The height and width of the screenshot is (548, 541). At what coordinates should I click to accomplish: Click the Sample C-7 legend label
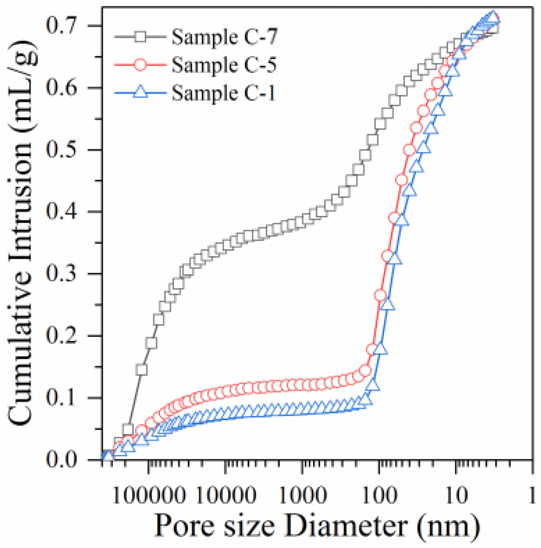[x=224, y=37]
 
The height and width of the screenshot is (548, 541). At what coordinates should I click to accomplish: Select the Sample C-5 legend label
[x=224, y=65]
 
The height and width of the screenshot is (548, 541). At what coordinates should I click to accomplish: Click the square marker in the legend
[x=140, y=37]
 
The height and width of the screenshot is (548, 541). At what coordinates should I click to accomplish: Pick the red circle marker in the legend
[x=140, y=65]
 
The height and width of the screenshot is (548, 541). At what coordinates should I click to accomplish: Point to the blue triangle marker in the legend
[x=140, y=92]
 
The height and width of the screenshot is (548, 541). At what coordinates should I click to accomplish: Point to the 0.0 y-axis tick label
[x=61, y=459]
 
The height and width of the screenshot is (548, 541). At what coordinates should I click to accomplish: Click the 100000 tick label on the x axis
[x=149, y=496]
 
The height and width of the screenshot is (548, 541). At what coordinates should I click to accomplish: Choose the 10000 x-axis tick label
[x=226, y=496]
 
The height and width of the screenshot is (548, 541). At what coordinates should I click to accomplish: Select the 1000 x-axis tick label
[x=302, y=496]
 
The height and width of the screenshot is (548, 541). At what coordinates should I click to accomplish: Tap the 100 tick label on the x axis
[x=379, y=496]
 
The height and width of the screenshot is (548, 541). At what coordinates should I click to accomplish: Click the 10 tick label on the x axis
[x=456, y=496]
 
